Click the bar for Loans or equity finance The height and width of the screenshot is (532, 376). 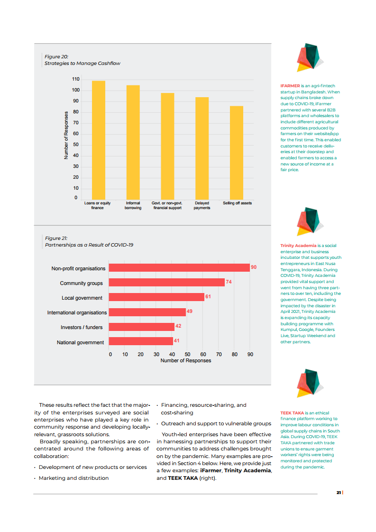coord(98,140)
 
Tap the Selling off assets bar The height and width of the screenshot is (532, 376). coord(237,152)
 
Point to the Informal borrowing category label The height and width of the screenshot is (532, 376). coord(133,205)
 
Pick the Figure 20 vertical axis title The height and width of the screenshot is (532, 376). coord(66,135)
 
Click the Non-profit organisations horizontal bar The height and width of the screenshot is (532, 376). coord(179,268)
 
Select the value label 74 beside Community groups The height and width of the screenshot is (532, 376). coord(229,282)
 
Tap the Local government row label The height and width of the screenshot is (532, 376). coord(82,298)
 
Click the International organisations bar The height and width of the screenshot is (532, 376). coord(147,312)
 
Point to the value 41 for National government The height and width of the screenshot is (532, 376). coord(176,341)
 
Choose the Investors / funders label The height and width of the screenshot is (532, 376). coord(82,327)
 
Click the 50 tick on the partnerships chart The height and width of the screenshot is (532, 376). coord(187,354)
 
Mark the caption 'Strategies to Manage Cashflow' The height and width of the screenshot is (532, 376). coord(82,63)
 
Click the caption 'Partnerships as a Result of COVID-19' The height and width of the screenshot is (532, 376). coord(89,245)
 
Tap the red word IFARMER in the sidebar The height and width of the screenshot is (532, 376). coord(290,86)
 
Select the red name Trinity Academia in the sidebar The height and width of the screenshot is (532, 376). coord(298,246)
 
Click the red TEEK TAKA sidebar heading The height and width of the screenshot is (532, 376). coord(292,413)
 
